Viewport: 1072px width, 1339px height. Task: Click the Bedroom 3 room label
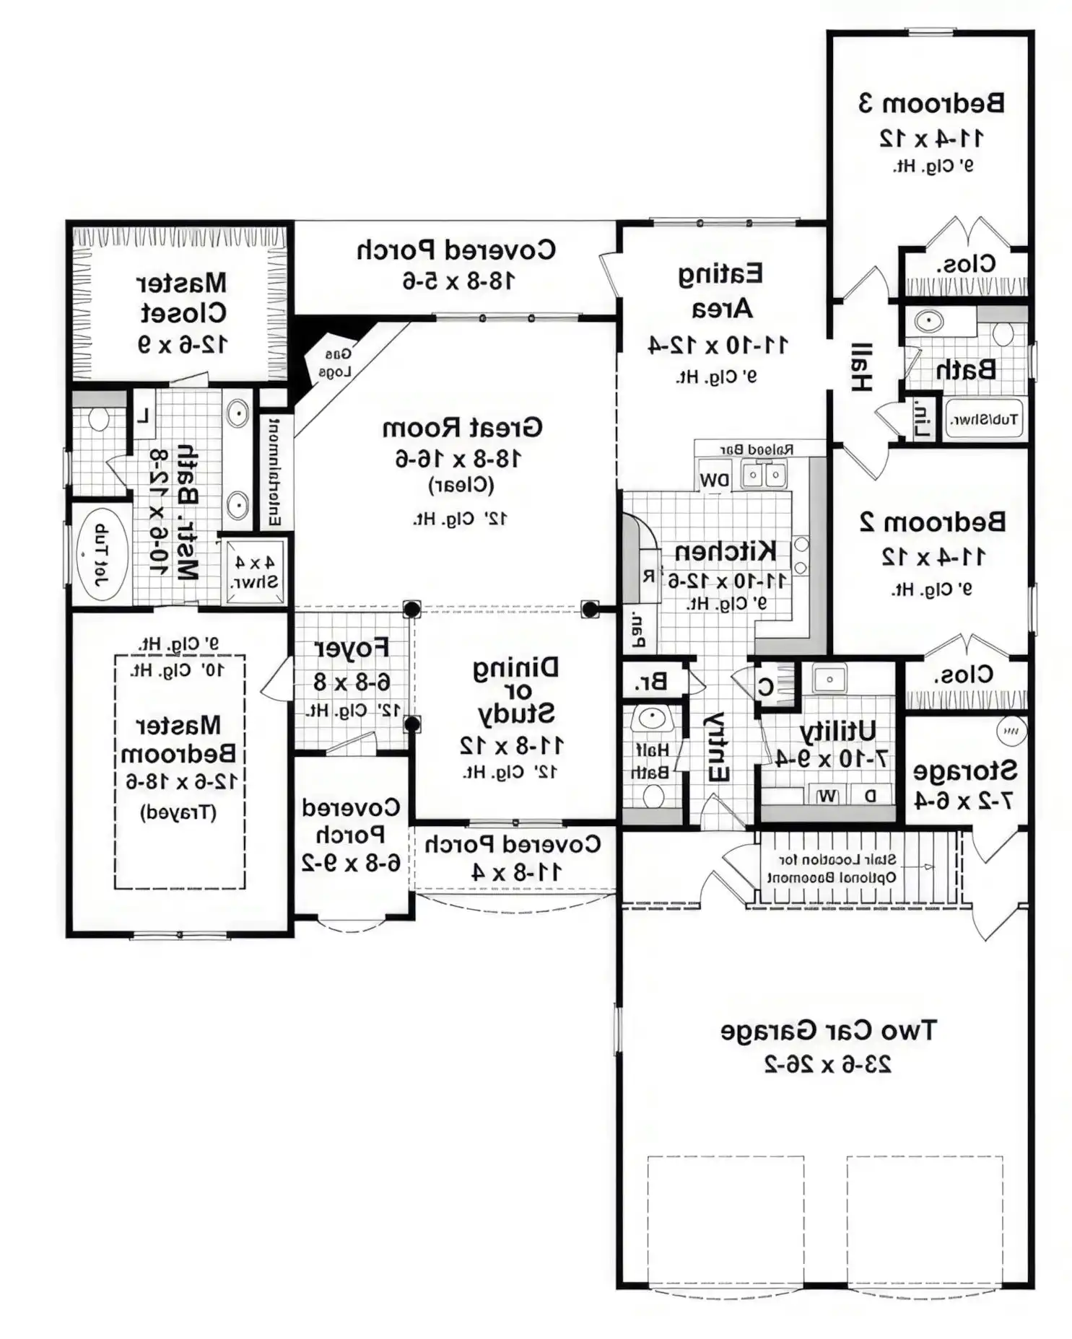click(x=931, y=103)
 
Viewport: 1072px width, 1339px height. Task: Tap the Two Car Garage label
click(x=827, y=1030)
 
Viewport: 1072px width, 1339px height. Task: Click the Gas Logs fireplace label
click(x=334, y=363)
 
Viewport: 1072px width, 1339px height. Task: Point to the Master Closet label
click(x=182, y=297)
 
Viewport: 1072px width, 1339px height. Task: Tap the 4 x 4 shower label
click(x=253, y=571)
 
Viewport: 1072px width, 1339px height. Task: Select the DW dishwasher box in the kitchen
click(x=713, y=480)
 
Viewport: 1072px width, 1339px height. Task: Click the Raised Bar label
click(x=756, y=449)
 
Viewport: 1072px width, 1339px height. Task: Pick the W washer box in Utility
click(x=827, y=796)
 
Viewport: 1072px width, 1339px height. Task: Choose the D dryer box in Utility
click(x=871, y=796)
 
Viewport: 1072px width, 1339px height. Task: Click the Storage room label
click(x=964, y=771)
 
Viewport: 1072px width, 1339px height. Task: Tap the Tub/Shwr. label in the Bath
click(x=984, y=419)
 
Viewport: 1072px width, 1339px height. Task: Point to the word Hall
click(x=860, y=367)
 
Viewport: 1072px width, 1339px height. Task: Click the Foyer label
click(x=352, y=648)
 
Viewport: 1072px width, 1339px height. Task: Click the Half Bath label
click(x=652, y=761)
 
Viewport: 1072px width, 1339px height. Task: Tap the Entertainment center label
click(x=274, y=470)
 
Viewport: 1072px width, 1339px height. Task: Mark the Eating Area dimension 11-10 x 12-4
click(x=717, y=345)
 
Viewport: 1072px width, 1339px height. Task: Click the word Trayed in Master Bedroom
click(x=178, y=812)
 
